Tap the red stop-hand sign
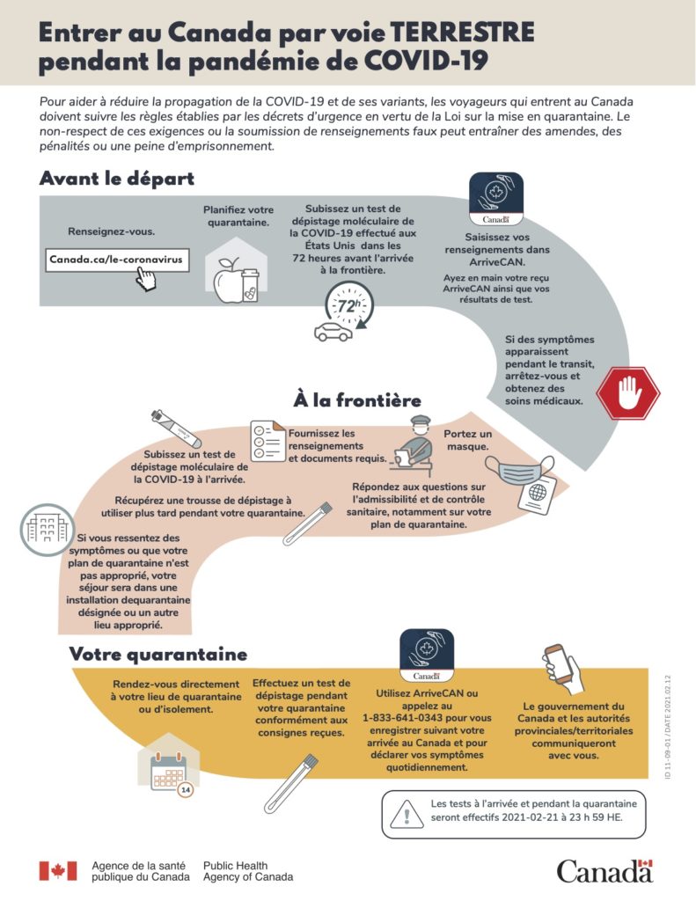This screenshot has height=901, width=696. tap(627, 392)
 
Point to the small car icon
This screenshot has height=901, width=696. tap(333, 332)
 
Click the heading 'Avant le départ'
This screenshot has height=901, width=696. tap(117, 178)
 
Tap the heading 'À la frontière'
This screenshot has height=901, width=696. tap(356, 401)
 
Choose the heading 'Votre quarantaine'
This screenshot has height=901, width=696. tap(158, 655)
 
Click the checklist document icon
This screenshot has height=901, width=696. tap(267, 441)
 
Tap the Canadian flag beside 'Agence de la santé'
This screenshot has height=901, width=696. tap(57, 870)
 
